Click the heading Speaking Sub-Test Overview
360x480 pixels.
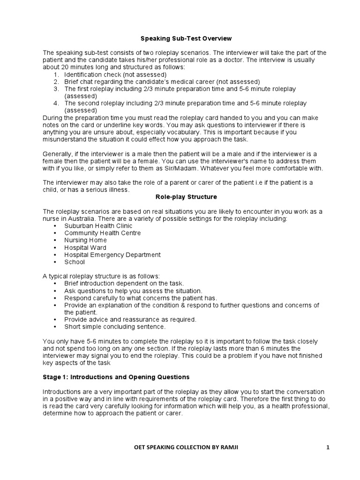coord(180,38)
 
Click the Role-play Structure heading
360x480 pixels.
coord(180,197)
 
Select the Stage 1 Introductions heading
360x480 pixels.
coord(116,376)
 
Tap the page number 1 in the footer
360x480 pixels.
coord(328,448)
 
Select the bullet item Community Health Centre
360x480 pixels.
coord(102,233)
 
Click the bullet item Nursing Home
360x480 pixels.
coord(85,240)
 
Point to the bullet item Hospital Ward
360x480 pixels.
coord(85,247)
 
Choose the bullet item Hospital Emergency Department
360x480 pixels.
coord(112,255)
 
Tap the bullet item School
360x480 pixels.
coord(75,262)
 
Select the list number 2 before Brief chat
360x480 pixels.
coord(55,82)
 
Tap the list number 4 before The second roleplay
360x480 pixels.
coord(55,103)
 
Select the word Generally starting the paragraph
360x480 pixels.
coord(58,154)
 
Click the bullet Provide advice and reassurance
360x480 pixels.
coord(130,320)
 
